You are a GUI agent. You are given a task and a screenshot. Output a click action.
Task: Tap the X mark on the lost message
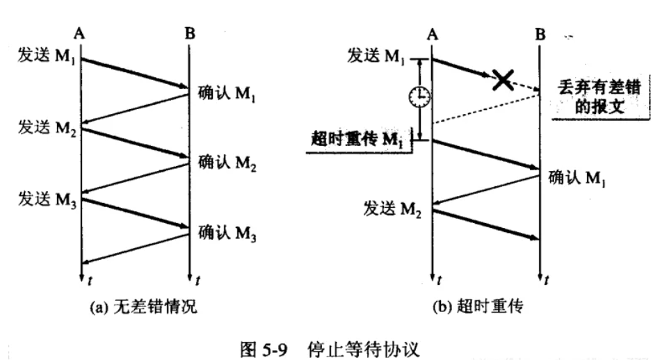pyautogui.click(x=502, y=80)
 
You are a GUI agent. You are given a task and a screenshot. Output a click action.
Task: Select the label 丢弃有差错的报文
pyautogui.click(x=599, y=99)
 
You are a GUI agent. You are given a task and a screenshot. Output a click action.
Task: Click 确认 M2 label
pyautogui.click(x=227, y=165)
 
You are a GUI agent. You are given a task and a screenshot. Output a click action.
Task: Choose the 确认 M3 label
pyautogui.click(x=227, y=231)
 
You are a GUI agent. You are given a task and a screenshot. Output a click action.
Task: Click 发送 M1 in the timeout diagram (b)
pyautogui.click(x=379, y=55)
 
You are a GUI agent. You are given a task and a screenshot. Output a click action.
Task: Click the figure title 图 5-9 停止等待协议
pyautogui.click(x=327, y=347)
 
